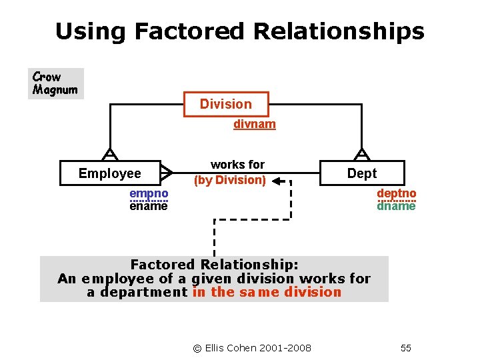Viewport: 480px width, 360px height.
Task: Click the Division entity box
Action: pyautogui.click(x=226, y=104)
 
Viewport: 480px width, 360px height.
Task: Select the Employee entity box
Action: pyautogui.click(x=110, y=173)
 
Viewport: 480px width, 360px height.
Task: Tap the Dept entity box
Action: pyautogui.click(x=361, y=173)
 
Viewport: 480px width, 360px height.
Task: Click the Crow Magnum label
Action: pyautogui.click(x=55, y=83)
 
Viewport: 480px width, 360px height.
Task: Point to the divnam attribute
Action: pyautogui.click(x=254, y=124)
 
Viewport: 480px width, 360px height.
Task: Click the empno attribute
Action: pyautogui.click(x=149, y=194)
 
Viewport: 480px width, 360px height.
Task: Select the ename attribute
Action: pyautogui.click(x=149, y=206)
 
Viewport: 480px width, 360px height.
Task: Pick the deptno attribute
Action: pyautogui.click(x=396, y=194)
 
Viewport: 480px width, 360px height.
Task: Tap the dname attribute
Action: pyautogui.click(x=396, y=206)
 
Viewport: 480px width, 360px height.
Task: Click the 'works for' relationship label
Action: pyautogui.click(x=237, y=165)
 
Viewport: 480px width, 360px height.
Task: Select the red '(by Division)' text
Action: pyautogui.click(x=230, y=180)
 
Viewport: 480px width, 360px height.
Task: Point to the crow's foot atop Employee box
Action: pyautogui.click(x=110, y=155)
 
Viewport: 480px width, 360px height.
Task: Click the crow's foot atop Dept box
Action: pyautogui.click(x=361, y=155)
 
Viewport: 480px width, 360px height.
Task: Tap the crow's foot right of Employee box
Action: pyautogui.click(x=167, y=173)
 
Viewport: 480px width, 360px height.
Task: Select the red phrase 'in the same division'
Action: pyautogui.click(x=267, y=292)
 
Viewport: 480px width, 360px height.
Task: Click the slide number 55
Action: pyautogui.click(x=406, y=348)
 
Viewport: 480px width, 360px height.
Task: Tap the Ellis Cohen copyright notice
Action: pyautogui.click(x=252, y=348)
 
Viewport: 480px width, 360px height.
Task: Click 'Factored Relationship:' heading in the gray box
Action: pyautogui.click(x=214, y=265)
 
